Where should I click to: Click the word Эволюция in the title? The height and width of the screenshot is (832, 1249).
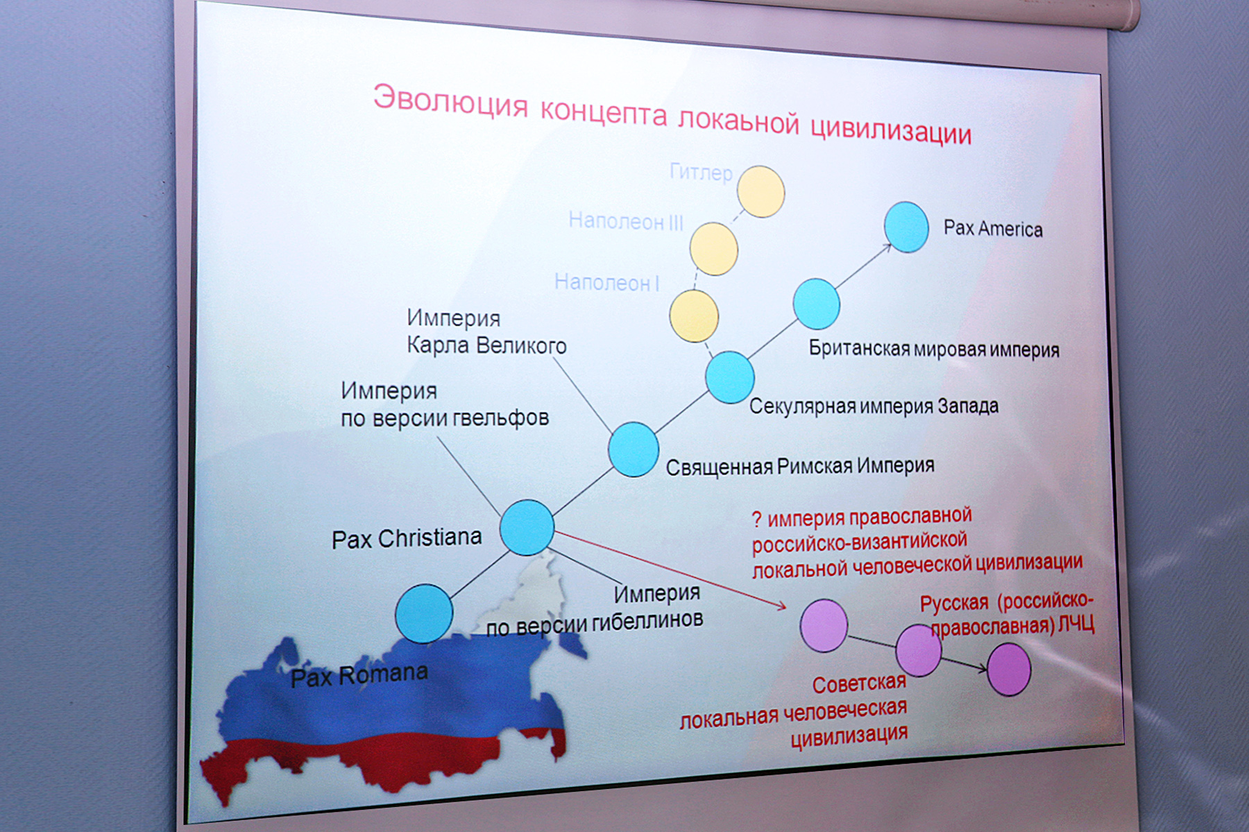450,102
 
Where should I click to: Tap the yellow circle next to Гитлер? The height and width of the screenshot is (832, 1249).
761,191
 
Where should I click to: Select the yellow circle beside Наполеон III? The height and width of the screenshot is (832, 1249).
713,248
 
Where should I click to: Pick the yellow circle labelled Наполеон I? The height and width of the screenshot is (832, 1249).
693,315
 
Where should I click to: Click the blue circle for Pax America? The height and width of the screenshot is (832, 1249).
906,227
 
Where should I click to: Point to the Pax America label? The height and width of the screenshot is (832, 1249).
993,228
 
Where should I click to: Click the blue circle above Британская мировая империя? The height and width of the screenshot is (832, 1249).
816,304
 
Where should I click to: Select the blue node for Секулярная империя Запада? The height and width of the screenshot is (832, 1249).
730,377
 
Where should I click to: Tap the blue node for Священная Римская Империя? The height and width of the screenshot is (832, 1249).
634,449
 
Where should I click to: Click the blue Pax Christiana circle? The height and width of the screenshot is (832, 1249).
527,528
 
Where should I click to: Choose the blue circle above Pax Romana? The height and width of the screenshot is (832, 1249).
424,614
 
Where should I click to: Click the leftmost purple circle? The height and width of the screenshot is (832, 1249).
824,625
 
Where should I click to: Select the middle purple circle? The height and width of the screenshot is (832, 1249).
919,650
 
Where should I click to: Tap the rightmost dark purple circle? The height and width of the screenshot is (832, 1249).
1009,669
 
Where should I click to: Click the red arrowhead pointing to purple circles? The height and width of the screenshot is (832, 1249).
781,607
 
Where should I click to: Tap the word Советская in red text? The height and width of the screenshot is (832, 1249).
859,684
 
